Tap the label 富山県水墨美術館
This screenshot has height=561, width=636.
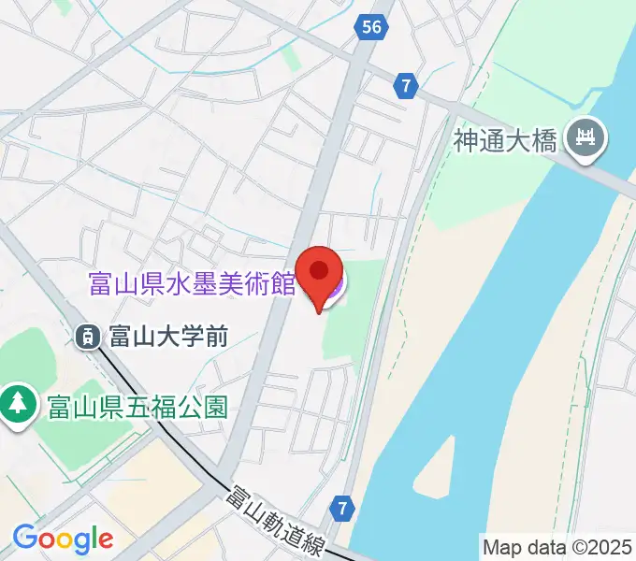(x=192, y=283)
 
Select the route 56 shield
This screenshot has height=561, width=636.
(x=372, y=27)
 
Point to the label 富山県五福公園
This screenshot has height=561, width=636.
(x=136, y=407)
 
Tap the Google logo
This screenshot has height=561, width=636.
(x=63, y=539)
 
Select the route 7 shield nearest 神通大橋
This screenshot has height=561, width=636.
(x=405, y=86)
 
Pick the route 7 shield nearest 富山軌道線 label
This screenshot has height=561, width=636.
(x=343, y=510)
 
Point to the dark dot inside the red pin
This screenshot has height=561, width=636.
(x=320, y=270)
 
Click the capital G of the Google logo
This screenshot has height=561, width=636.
(x=24, y=538)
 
